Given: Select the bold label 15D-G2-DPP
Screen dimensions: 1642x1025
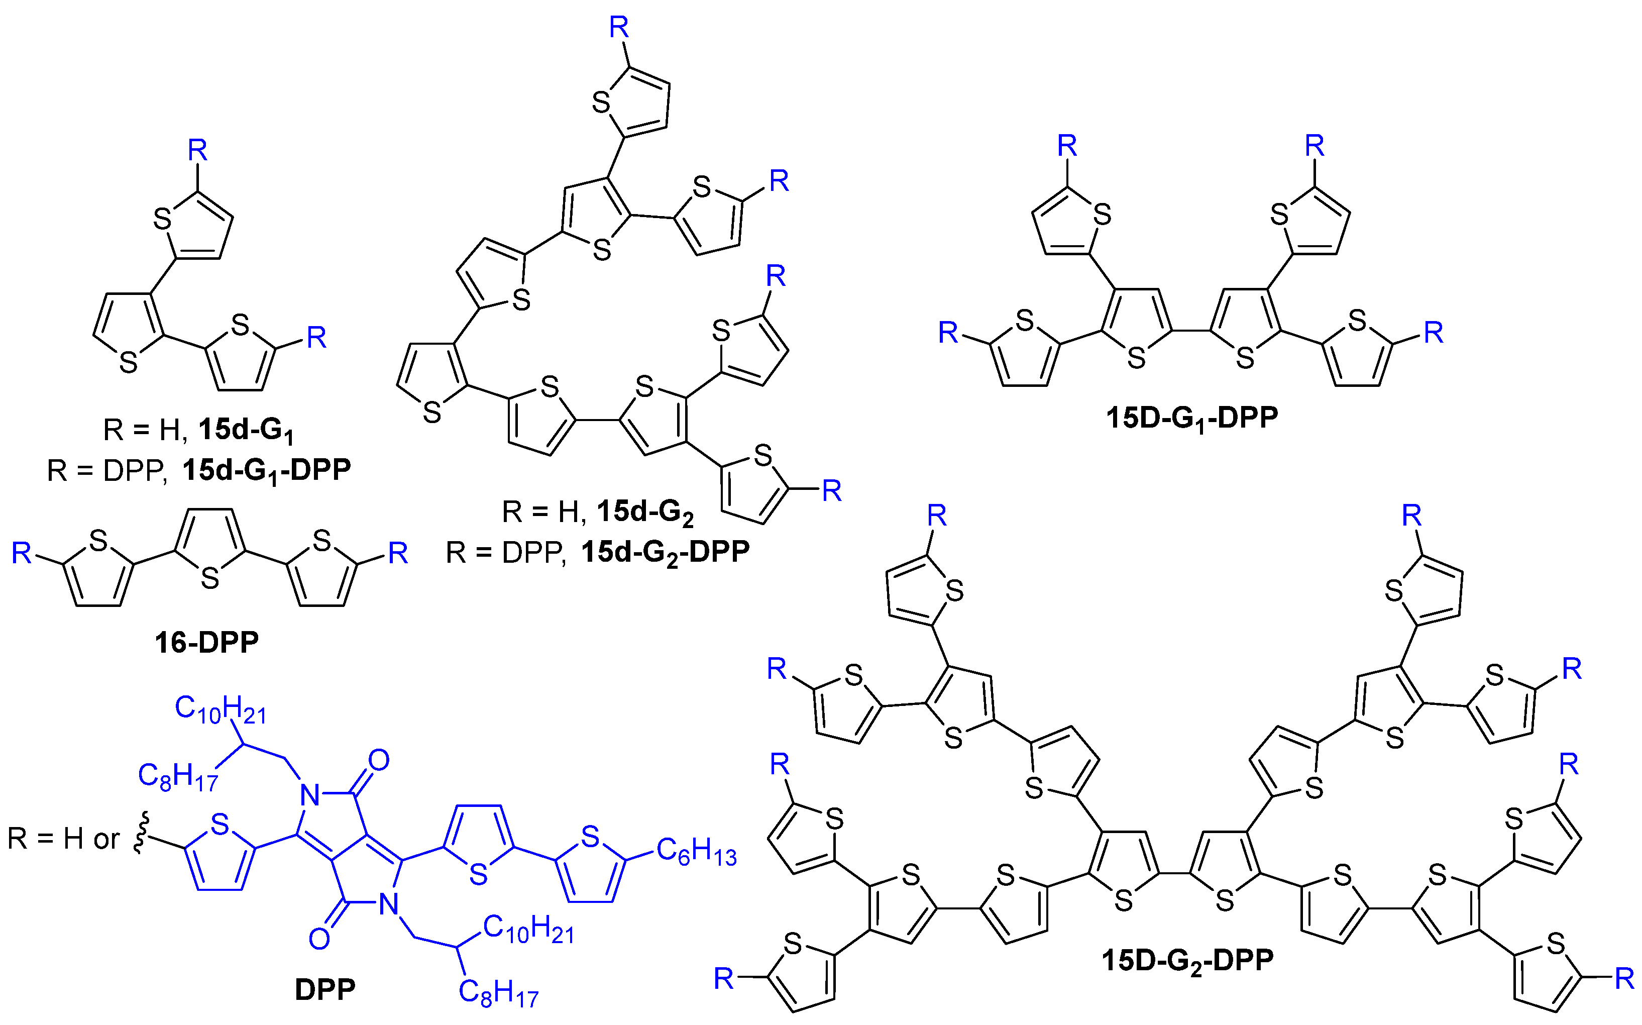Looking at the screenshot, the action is pos(1187,961).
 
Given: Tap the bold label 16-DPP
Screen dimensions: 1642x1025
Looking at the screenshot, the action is pos(206,643).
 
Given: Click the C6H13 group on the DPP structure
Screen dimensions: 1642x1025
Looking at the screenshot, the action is pos(696,852).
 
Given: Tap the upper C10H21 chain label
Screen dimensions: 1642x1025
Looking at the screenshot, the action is pos(220,710).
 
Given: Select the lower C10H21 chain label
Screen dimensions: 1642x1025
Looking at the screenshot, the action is pos(528,930).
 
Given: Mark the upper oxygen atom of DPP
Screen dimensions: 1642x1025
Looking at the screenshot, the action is pos(379,761).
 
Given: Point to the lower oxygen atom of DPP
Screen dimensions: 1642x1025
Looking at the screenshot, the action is pos(319,939).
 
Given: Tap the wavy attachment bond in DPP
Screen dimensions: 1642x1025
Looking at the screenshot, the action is pos(140,835).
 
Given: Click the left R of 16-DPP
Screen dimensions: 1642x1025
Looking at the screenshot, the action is pos(22,554).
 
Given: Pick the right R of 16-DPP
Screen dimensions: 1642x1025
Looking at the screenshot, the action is pos(398,554).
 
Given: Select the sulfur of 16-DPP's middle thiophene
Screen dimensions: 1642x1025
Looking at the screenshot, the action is pos(210,578).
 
